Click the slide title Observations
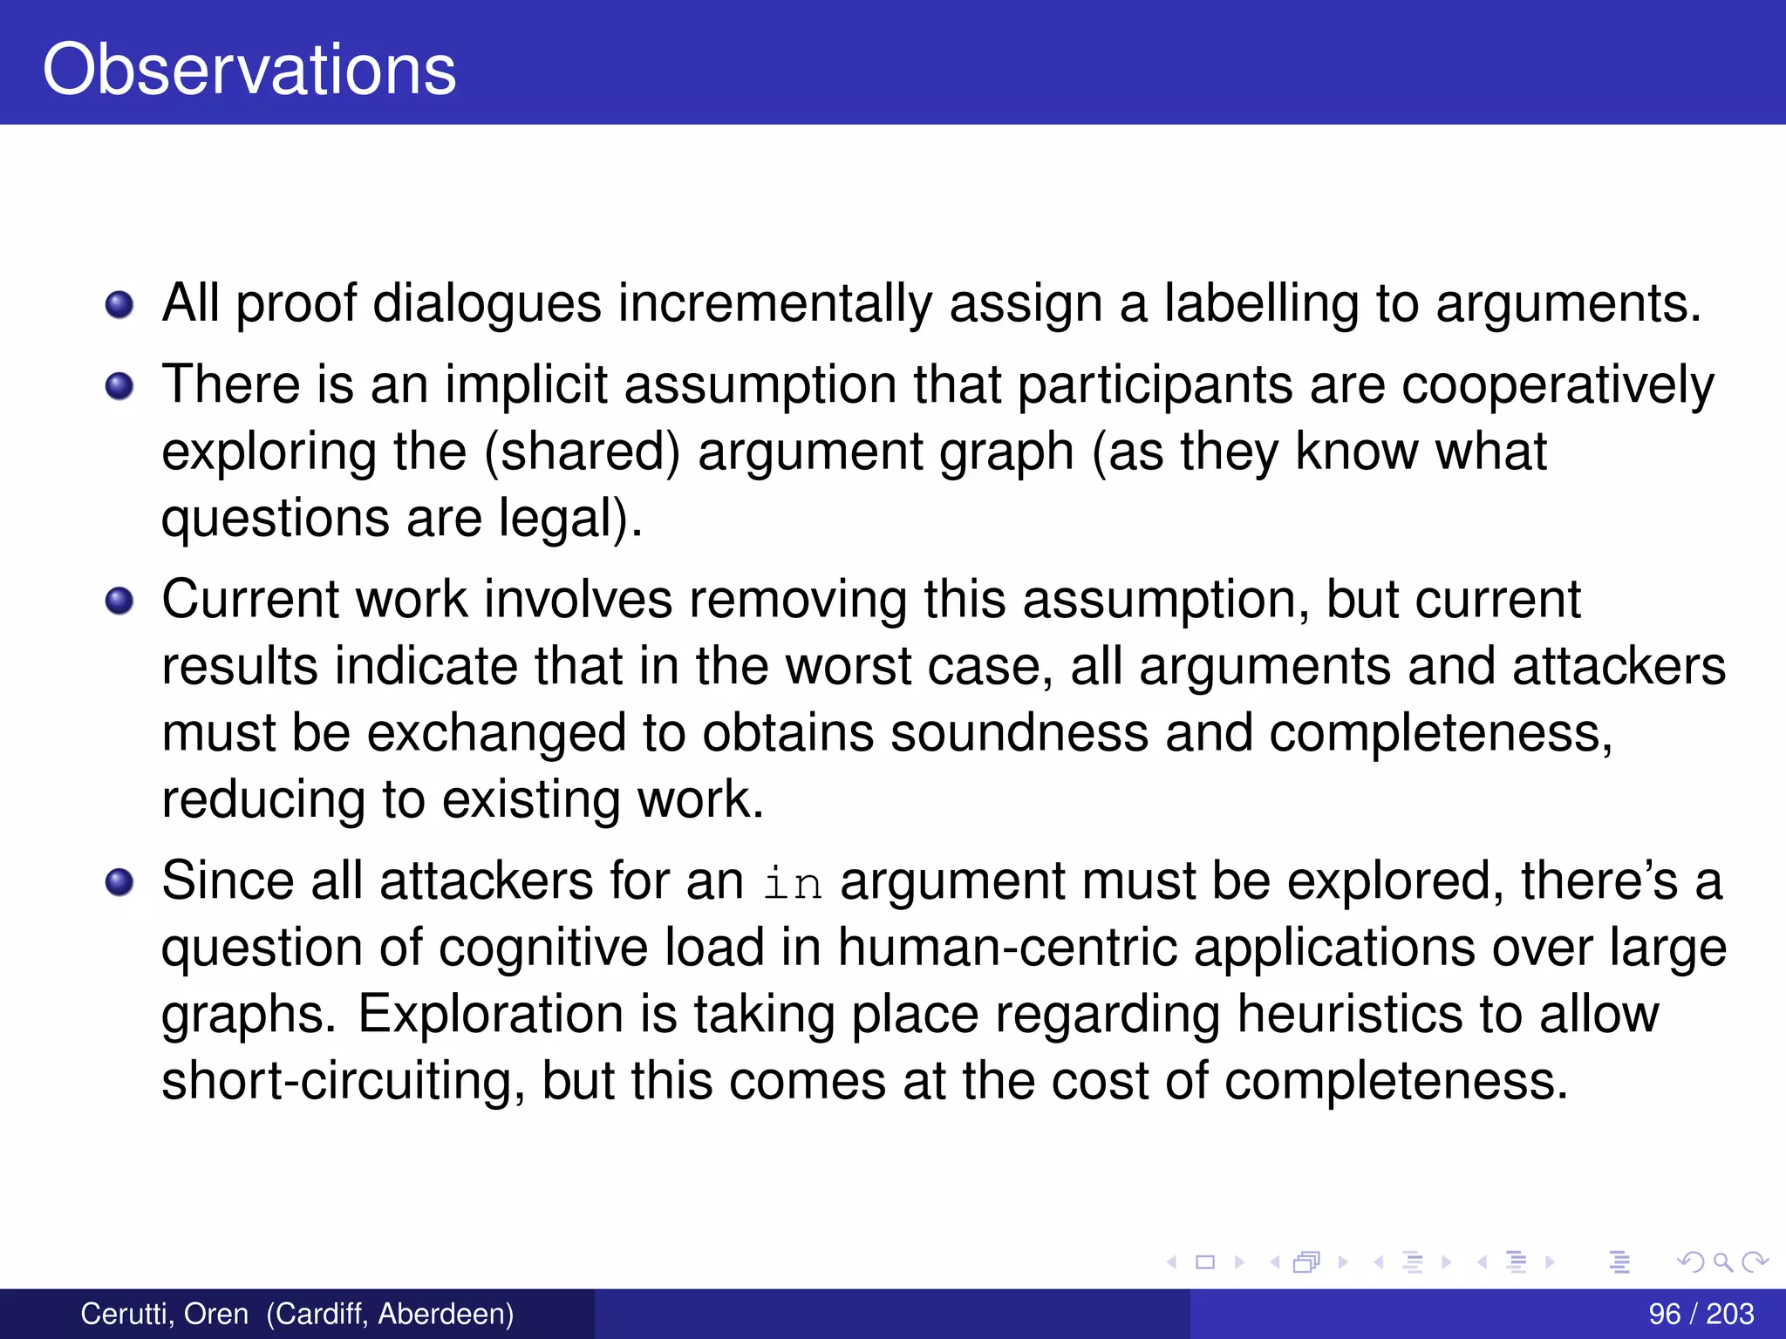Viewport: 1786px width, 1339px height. pos(249,70)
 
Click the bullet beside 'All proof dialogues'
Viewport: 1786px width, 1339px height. pos(119,305)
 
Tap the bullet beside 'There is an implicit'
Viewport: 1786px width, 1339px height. pos(119,385)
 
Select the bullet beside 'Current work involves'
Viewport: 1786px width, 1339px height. pos(119,601)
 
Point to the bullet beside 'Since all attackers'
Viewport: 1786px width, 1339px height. pos(119,882)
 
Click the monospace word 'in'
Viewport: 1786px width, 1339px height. pos(793,883)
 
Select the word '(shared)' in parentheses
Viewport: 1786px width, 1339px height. pos(583,452)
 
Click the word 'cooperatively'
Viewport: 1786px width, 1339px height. pos(1558,386)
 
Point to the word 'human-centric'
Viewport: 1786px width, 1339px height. pos(1008,948)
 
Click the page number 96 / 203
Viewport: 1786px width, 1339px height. pos(1701,1313)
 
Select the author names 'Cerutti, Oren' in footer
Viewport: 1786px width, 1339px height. pos(165,1313)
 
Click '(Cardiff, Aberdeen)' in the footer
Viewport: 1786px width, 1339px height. pos(390,1313)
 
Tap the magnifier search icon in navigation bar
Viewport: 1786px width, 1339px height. pos(1722,1261)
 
